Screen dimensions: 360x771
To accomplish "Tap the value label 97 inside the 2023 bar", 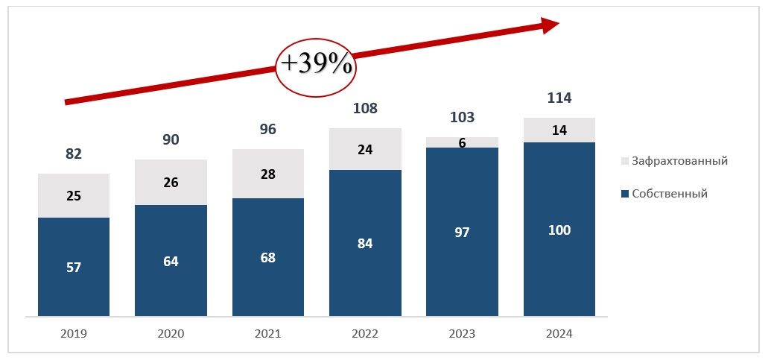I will coord(462,233).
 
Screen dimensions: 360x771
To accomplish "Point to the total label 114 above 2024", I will coord(559,98).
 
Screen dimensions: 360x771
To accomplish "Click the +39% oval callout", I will coord(316,65).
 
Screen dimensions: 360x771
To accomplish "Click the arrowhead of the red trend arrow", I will coord(550,25).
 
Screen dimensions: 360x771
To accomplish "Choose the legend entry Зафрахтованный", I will coord(679,161).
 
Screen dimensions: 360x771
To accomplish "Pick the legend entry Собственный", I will coord(669,194).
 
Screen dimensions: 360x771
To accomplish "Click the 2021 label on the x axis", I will coord(267,334).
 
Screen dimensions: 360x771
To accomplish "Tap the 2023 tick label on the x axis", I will coord(462,334).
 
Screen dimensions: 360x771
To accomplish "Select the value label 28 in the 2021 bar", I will coord(267,174).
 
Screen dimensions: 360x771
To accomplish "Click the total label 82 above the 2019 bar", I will coord(73,154).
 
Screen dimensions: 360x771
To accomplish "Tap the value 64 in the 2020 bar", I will coord(171,262).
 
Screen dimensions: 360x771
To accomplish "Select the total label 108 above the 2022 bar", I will coord(365,109).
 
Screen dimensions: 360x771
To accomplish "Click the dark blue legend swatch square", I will coord(624,194).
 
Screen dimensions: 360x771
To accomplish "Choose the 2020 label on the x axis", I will coord(171,334).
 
